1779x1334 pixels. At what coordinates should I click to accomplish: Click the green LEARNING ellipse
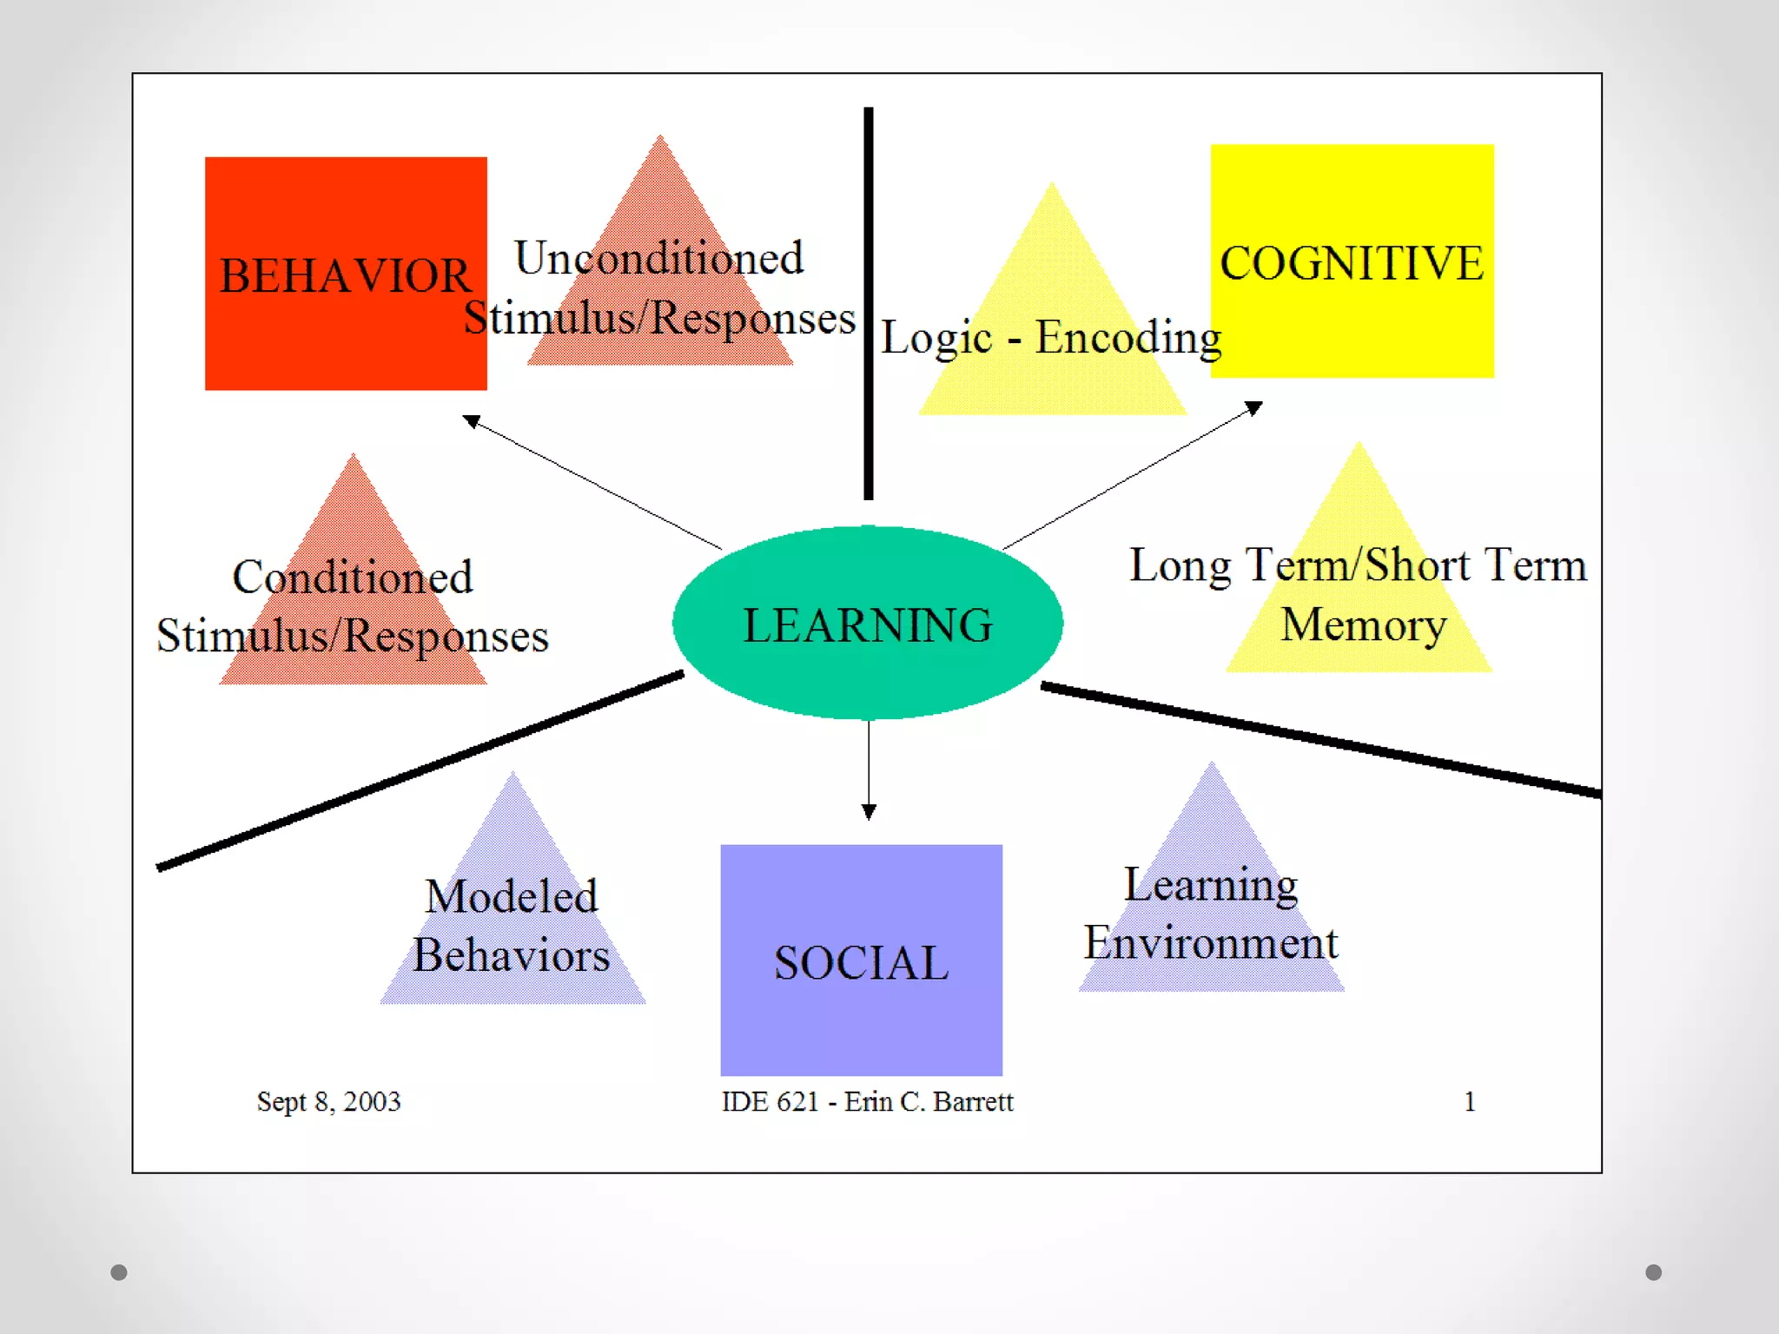coord(868,624)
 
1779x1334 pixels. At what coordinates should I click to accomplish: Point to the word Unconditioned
coord(658,258)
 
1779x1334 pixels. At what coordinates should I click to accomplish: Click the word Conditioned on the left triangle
coord(353,577)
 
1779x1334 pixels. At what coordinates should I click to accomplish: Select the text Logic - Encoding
coord(1051,337)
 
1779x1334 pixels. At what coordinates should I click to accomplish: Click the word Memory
coord(1364,624)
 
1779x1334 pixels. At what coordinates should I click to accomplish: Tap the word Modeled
coord(512,896)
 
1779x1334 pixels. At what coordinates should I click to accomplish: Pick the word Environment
coord(1211,943)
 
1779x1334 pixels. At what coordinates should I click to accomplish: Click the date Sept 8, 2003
coord(328,1101)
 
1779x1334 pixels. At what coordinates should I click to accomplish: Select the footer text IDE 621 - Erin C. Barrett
coord(867,1101)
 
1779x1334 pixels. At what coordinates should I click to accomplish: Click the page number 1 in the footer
coord(1470,1101)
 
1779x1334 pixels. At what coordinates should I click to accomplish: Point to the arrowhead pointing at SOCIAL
coord(869,813)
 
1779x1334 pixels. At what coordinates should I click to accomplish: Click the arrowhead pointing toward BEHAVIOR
coord(471,421)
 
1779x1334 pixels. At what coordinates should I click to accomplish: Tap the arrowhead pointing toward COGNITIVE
coord(1254,407)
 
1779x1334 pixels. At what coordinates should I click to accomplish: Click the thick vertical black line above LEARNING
coord(868,304)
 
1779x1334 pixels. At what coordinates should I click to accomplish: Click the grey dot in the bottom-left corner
coord(119,1272)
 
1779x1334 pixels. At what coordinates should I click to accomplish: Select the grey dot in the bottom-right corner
coord(1654,1272)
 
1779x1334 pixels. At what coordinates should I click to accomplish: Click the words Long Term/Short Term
coord(1358,565)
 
